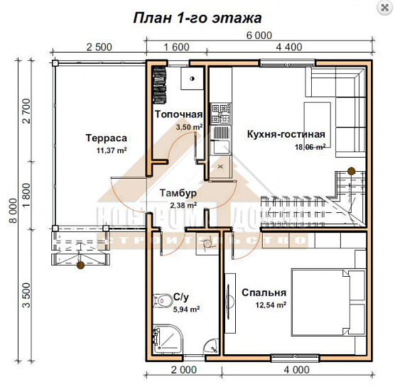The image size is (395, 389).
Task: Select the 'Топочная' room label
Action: pyautogui.click(x=178, y=114)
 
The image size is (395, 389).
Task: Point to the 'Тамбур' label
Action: pyautogui.click(x=178, y=193)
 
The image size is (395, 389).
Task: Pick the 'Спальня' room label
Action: pyautogui.click(x=264, y=292)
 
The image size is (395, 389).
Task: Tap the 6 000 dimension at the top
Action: pyautogui.click(x=259, y=34)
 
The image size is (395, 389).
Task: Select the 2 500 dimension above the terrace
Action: pyautogui.click(x=99, y=48)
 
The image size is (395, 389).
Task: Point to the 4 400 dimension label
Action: pyautogui.click(x=288, y=48)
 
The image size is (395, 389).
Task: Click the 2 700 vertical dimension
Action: pyautogui.click(x=26, y=112)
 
